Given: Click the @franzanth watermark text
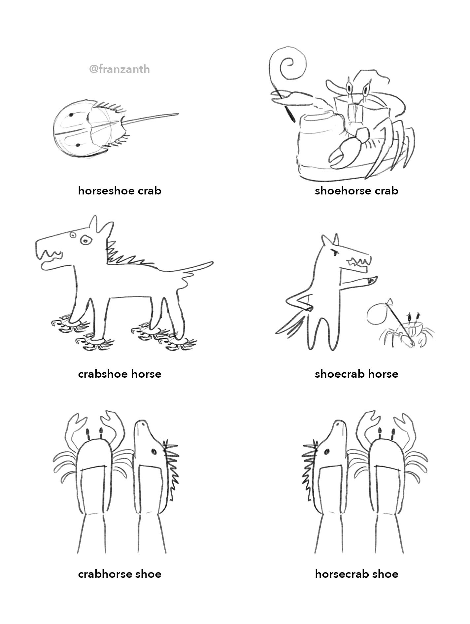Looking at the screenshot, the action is [x=119, y=69].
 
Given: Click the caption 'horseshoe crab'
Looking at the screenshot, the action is [x=119, y=191].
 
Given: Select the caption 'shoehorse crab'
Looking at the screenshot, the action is [x=356, y=191].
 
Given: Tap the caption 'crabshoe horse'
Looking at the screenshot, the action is [x=119, y=374].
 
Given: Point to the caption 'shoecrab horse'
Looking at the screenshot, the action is [x=356, y=374].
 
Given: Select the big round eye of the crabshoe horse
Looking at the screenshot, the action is [x=85, y=241].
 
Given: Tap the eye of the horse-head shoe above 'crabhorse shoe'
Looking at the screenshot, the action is [x=153, y=451].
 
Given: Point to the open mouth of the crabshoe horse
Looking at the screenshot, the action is [x=50, y=258].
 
